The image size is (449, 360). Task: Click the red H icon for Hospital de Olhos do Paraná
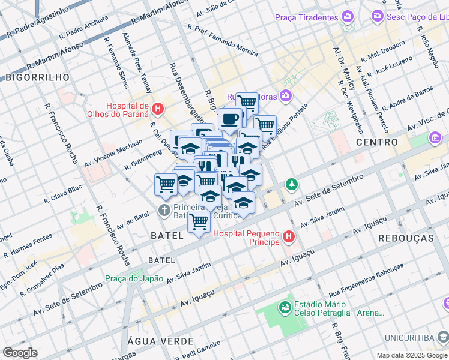[157, 109]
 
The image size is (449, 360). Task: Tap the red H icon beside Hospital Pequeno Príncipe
[289, 237]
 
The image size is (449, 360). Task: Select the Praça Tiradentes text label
[306, 17]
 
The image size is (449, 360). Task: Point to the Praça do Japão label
[134, 278]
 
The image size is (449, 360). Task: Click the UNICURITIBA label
[420, 337]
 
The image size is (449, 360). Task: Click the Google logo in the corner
[20, 353]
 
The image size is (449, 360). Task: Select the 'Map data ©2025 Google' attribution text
[411, 355]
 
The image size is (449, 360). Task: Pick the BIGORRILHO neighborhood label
[37, 77]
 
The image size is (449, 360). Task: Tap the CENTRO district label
[377, 142]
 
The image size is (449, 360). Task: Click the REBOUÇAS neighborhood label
[406, 238]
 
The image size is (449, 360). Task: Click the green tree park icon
[291, 184]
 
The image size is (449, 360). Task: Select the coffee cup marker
[229, 119]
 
